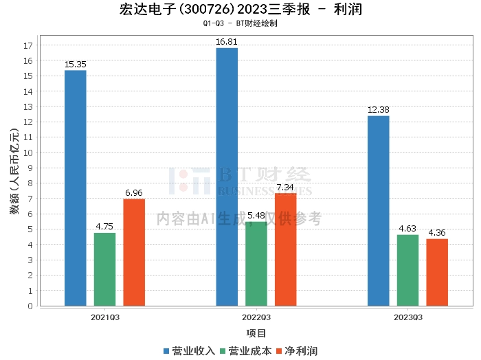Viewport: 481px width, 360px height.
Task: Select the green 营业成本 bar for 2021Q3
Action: coord(104,269)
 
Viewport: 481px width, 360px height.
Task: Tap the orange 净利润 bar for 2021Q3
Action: coord(134,252)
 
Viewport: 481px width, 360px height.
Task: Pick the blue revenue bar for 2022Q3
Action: coord(227,177)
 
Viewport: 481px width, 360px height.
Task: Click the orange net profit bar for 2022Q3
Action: coord(285,249)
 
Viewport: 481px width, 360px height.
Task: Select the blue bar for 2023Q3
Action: coord(378,211)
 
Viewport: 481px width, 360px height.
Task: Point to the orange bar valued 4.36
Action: coord(437,272)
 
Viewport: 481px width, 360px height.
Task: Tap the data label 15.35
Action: coord(75,64)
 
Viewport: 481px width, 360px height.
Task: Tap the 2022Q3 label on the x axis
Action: coord(256,317)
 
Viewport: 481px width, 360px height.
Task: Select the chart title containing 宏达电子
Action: coord(240,10)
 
